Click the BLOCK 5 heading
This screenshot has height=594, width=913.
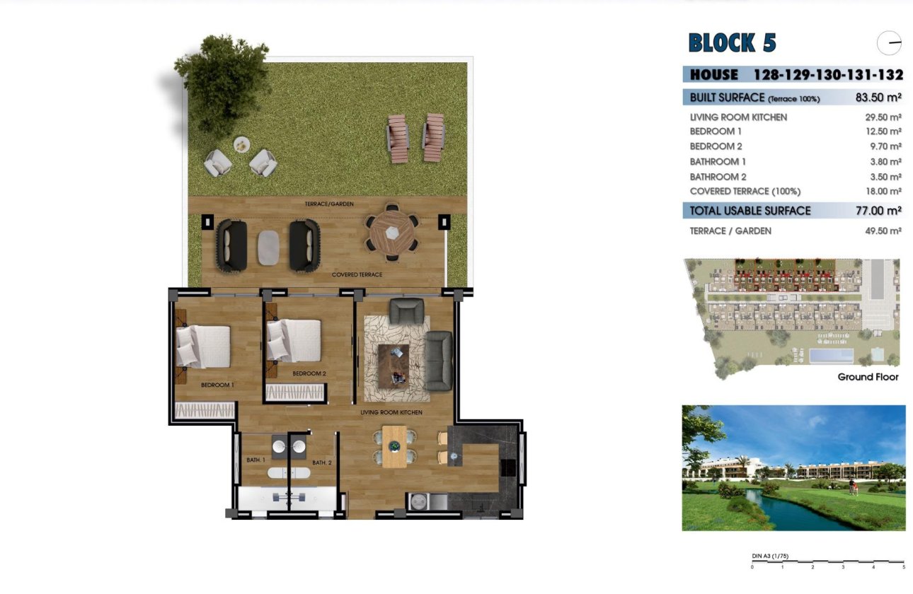[x=732, y=43]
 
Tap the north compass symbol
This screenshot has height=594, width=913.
[x=889, y=44]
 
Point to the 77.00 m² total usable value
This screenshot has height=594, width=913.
[x=878, y=211]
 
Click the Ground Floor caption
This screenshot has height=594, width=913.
[x=868, y=377]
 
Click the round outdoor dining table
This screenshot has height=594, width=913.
[x=392, y=230]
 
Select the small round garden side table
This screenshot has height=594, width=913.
[x=242, y=144]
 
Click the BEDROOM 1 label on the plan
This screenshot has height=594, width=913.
[x=217, y=385]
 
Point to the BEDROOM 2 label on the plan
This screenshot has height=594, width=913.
[x=309, y=373]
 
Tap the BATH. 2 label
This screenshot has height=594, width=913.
[x=322, y=462]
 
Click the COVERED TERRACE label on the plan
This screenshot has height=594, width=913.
[x=357, y=274]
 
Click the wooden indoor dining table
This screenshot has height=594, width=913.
[x=394, y=446]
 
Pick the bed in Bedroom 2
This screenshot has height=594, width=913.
[x=294, y=340]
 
